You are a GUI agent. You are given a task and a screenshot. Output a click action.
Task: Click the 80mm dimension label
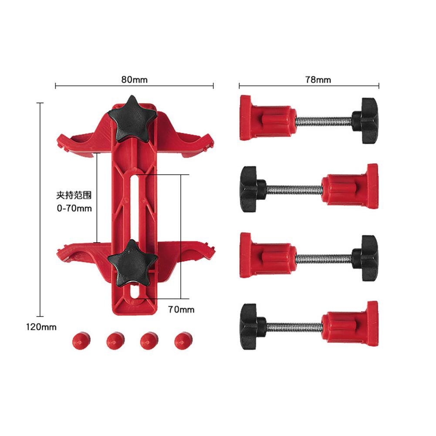[134, 80]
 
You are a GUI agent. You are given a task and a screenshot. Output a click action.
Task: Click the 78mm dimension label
[318, 80]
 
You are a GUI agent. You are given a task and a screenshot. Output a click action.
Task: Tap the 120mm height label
[41, 327]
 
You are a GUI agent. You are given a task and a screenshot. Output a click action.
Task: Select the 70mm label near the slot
[181, 310]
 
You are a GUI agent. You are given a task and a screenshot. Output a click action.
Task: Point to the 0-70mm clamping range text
[74, 208]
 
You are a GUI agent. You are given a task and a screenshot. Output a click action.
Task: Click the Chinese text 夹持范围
[74, 195]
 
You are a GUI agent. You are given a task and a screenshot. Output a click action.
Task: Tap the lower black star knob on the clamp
[132, 264]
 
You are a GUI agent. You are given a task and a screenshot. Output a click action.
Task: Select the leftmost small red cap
[81, 340]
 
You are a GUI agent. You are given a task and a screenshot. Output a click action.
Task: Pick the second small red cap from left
[115, 340]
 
